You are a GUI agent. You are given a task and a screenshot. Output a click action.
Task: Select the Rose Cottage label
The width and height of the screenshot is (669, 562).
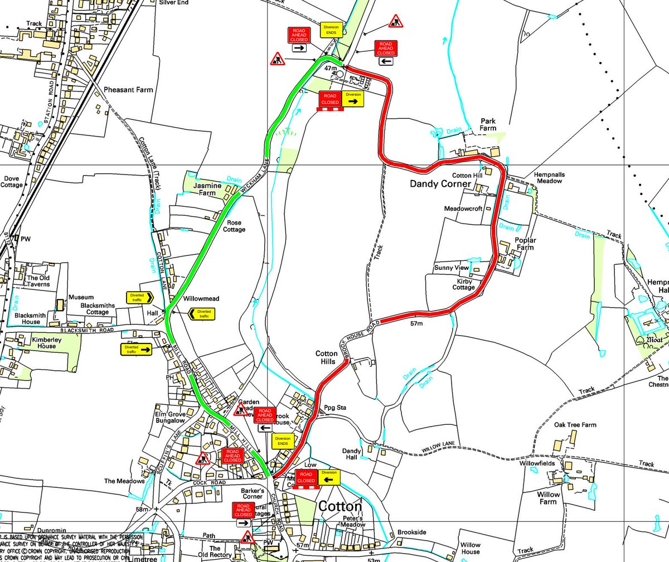coord(234,226)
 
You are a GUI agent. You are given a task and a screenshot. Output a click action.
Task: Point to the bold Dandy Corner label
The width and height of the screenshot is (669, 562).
coord(440,183)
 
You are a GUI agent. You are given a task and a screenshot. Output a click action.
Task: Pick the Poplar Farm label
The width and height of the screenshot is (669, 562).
coord(526,244)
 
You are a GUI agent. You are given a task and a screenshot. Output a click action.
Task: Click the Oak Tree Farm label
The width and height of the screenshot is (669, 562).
coord(575,425)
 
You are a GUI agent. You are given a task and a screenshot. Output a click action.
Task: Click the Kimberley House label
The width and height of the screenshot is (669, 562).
coord(36,342)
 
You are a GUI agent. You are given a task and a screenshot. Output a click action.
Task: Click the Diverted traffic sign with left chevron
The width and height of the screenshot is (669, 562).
coord(202,314)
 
